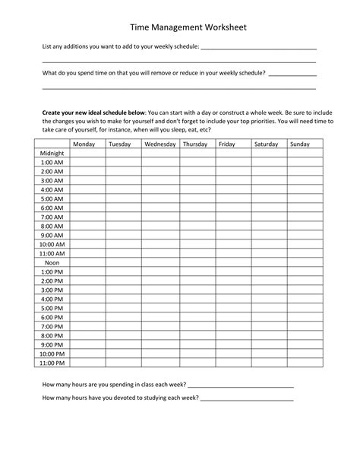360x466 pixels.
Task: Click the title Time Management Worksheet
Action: click(x=179, y=27)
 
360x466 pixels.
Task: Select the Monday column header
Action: click(x=84, y=144)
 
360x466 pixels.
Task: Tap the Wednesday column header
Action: click(x=160, y=144)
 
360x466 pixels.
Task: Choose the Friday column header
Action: click(x=226, y=144)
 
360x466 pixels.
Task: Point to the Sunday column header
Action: click(x=300, y=144)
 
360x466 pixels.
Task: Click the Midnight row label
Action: click(x=52, y=153)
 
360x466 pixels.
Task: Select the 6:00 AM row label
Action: click(x=52, y=208)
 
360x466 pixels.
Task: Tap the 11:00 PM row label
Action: click(x=52, y=363)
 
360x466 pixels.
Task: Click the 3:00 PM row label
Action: click(x=52, y=290)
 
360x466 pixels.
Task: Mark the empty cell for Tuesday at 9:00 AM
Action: click(x=123, y=235)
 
